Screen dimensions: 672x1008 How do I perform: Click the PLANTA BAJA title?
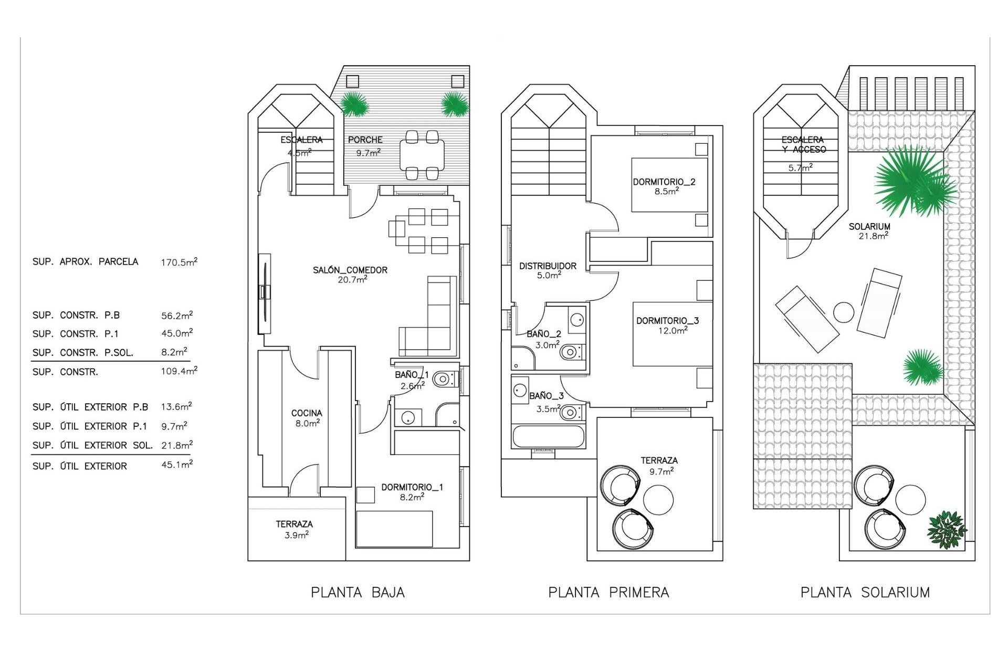[358, 593]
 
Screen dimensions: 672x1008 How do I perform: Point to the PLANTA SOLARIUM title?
[865, 593]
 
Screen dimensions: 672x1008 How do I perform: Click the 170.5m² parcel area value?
[179, 262]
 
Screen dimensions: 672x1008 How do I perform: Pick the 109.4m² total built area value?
[179, 372]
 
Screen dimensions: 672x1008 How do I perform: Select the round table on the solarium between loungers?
[844, 313]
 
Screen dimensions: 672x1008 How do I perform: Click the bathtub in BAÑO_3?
[548, 436]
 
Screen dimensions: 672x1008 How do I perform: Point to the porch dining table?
[422, 155]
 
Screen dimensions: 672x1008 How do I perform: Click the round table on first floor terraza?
[658, 500]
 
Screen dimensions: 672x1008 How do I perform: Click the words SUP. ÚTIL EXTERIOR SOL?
[92, 445]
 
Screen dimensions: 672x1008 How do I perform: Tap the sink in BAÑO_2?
[576, 319]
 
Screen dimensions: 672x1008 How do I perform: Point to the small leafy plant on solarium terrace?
[947, 530]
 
